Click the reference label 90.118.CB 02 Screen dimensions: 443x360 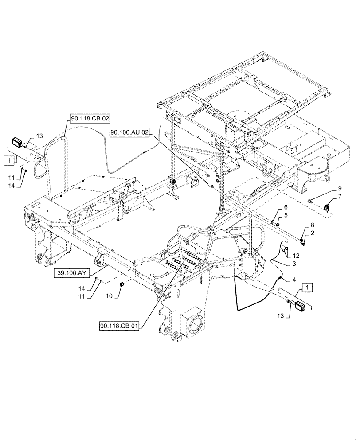[x=89, y=118]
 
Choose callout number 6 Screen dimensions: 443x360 [x=286, y=207]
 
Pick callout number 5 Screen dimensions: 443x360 [x=286, y=215]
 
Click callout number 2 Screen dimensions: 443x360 [x=313, y=233]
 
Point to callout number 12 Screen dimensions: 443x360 [x=296, y=256]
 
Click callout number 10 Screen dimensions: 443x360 [x=108, y=295]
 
